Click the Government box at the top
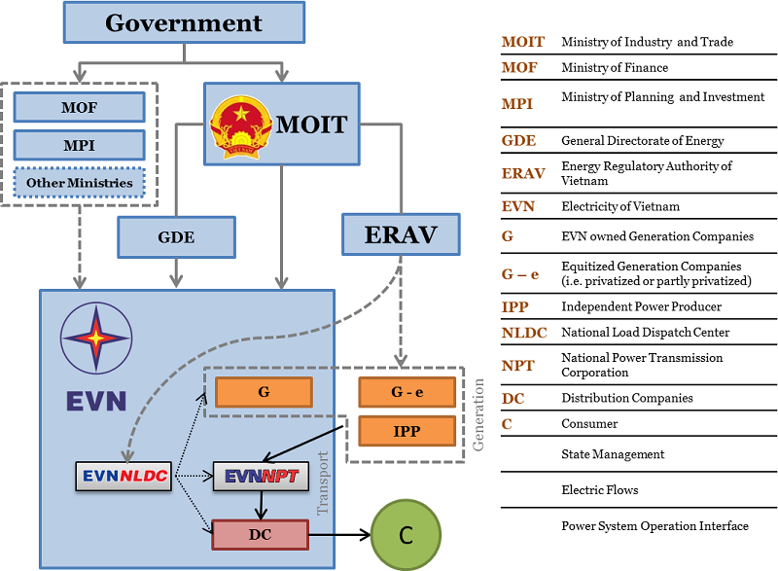(183, 22)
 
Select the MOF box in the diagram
(79, 106)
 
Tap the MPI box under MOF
(79, 145)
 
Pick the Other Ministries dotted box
(79, 182)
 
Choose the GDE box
(176, 237)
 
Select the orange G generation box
(264, 392)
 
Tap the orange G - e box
(407, 392)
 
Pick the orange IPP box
(407, 430)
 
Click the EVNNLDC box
(123, 476)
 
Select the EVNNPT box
(261, 476)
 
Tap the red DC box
(260, 534)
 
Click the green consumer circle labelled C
(407, 534)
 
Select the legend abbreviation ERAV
(523, 174)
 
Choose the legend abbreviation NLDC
(524, 333)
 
